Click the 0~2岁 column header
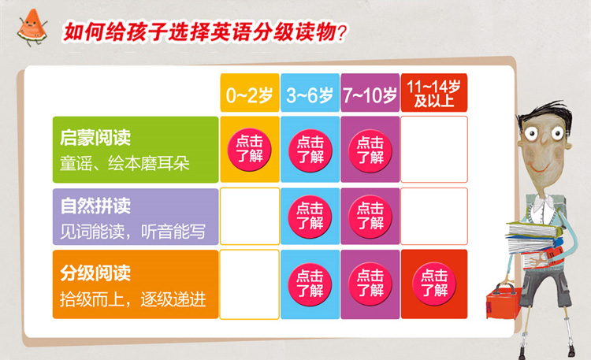(250, 93)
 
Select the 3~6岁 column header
(310, 93)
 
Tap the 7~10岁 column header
(370, 93)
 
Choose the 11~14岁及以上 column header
(434, 93)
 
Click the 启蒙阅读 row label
(136, 150)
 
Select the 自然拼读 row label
(136, 217)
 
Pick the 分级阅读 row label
(136, 284)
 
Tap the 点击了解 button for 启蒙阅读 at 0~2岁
(250, 150)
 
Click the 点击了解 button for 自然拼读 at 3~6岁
(310, 217)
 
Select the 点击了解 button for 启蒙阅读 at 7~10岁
(370, 150)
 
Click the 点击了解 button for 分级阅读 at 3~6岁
(310, 284)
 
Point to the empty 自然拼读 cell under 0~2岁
(250, 217)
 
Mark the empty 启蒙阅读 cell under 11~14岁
(434, 149)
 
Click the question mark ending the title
(341, 33)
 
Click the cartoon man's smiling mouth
(539, 167)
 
